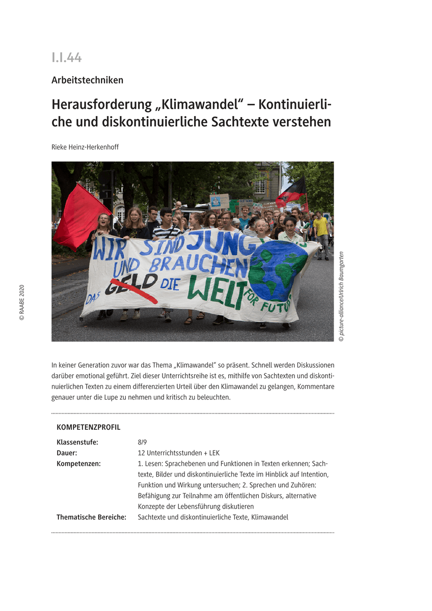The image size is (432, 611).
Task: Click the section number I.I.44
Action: (x=66, y=58)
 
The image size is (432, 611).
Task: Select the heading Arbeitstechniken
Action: (x=87, y=80)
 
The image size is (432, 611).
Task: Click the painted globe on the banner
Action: (x=278, y=270)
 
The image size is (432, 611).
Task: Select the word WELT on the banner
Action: (x=217, y=294)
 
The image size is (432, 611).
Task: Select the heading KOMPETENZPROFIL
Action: (x=88, y=427)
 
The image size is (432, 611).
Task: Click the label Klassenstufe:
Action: (x=77, y=442)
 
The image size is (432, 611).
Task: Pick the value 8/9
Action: (x=142, y=442)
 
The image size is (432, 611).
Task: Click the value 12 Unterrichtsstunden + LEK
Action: (x=178, y=453)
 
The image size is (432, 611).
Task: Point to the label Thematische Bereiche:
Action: (x=91, y=517)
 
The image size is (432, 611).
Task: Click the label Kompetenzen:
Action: (x=78, y=463)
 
